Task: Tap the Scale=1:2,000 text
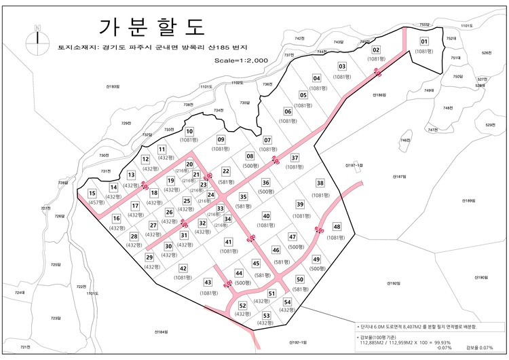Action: [242, 60]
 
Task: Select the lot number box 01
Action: [424, 41]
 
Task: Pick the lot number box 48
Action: [337, 227]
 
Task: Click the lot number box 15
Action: [92, 194]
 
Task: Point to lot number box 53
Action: [267, 316]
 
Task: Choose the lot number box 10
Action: [189, 131]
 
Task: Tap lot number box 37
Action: [295, 158]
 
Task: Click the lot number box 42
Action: [183, 269]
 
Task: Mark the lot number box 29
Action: [149, 257]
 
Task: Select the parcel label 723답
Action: [56, 318]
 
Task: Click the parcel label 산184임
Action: [158, 331]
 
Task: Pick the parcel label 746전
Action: [405, 141]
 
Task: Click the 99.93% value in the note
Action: [442, 342]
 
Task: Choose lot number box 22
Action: [226, 170]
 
